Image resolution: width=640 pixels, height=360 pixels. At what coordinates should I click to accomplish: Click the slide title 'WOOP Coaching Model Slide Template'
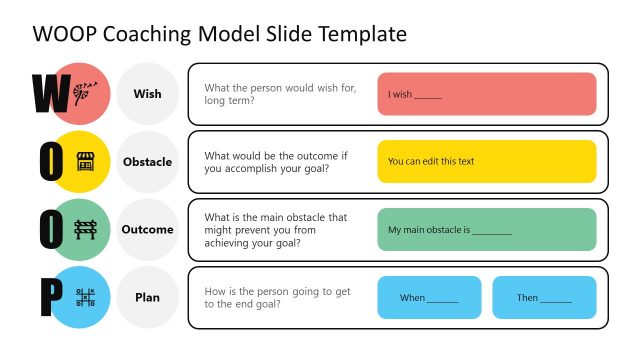[220, 34]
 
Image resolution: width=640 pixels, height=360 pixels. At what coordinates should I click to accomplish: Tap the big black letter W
[50, 93]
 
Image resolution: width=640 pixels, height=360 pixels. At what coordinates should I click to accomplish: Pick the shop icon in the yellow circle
[85, 161]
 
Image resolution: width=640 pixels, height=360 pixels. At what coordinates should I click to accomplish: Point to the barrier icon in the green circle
[85, 229]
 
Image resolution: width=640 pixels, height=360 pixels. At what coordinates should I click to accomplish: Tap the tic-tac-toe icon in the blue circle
[85, 297]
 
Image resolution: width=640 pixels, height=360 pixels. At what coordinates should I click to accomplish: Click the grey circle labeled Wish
[147, 94]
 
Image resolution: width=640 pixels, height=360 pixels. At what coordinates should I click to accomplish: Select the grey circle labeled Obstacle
[147, 162]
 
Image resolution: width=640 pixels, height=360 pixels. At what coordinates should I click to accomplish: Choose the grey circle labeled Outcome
[147, 230]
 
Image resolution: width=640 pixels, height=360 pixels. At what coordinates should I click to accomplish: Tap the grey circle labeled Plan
[147, 297]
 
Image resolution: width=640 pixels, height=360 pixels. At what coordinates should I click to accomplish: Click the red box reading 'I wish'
[486, 94]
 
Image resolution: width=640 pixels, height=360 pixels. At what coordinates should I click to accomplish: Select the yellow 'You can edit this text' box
[486, 161]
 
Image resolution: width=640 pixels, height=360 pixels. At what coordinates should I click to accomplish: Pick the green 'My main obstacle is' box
[486, 229]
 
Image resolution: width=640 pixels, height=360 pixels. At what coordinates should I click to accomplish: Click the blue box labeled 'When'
[429, 297]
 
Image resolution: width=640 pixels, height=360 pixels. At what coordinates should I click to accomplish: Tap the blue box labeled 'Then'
[544, 297]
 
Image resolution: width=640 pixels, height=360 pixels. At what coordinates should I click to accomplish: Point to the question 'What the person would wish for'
[279, 94]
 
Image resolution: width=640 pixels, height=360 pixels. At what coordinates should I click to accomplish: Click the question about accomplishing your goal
[274, 162]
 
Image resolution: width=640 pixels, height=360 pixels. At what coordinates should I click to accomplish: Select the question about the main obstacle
[275, 230]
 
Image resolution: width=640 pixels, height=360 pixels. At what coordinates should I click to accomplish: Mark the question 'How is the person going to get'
[277, 297]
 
